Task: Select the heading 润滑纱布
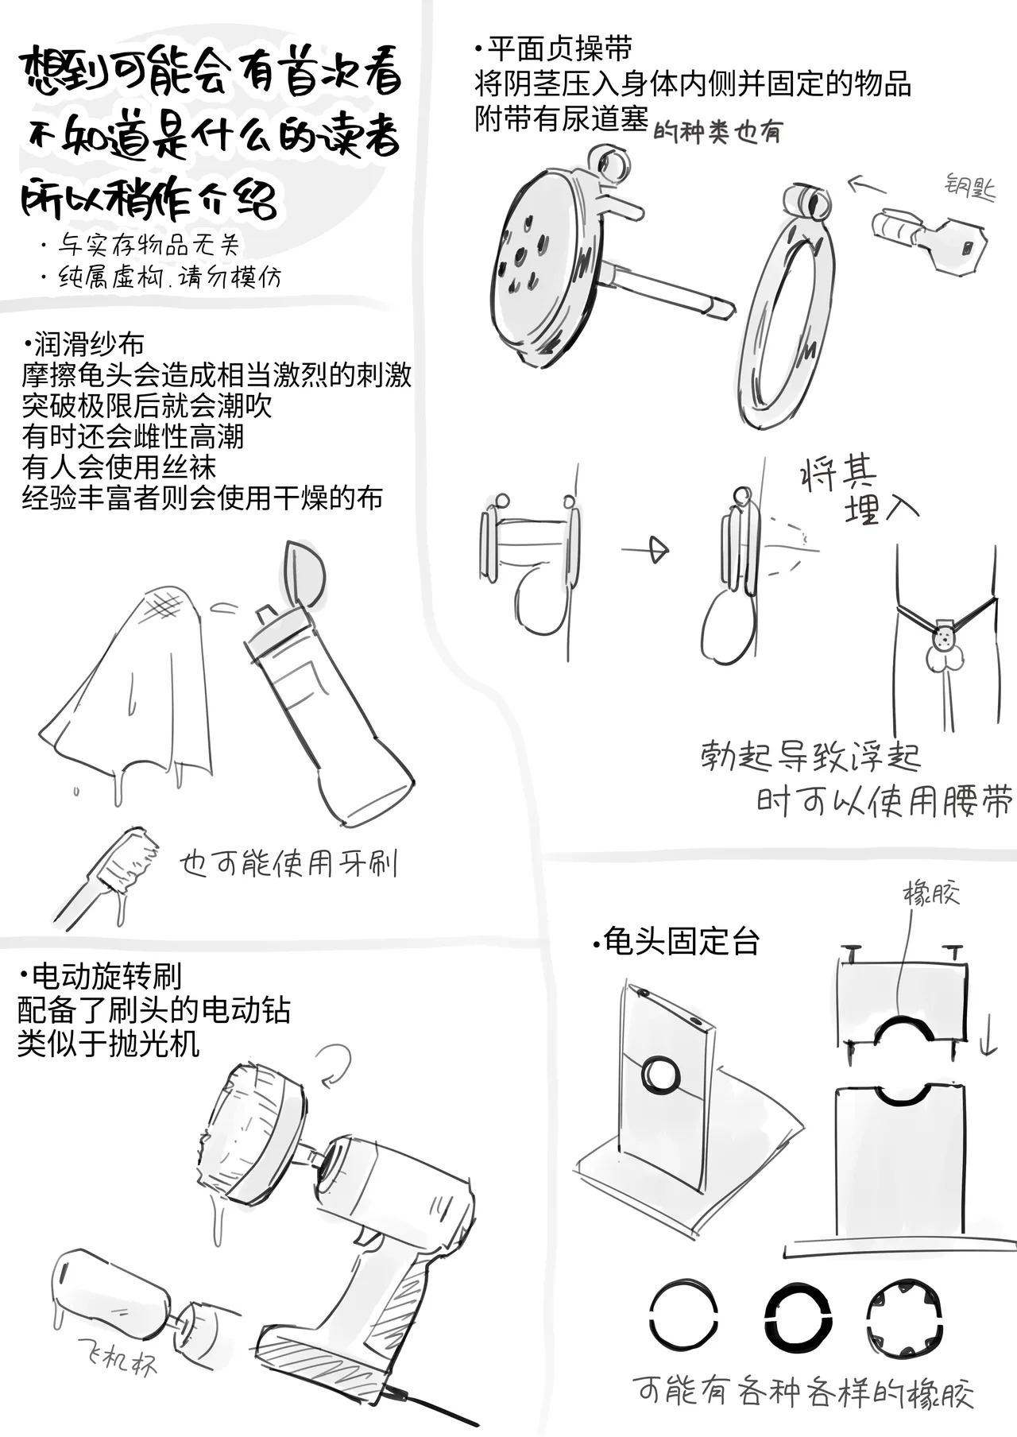click(x=84, y=344)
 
